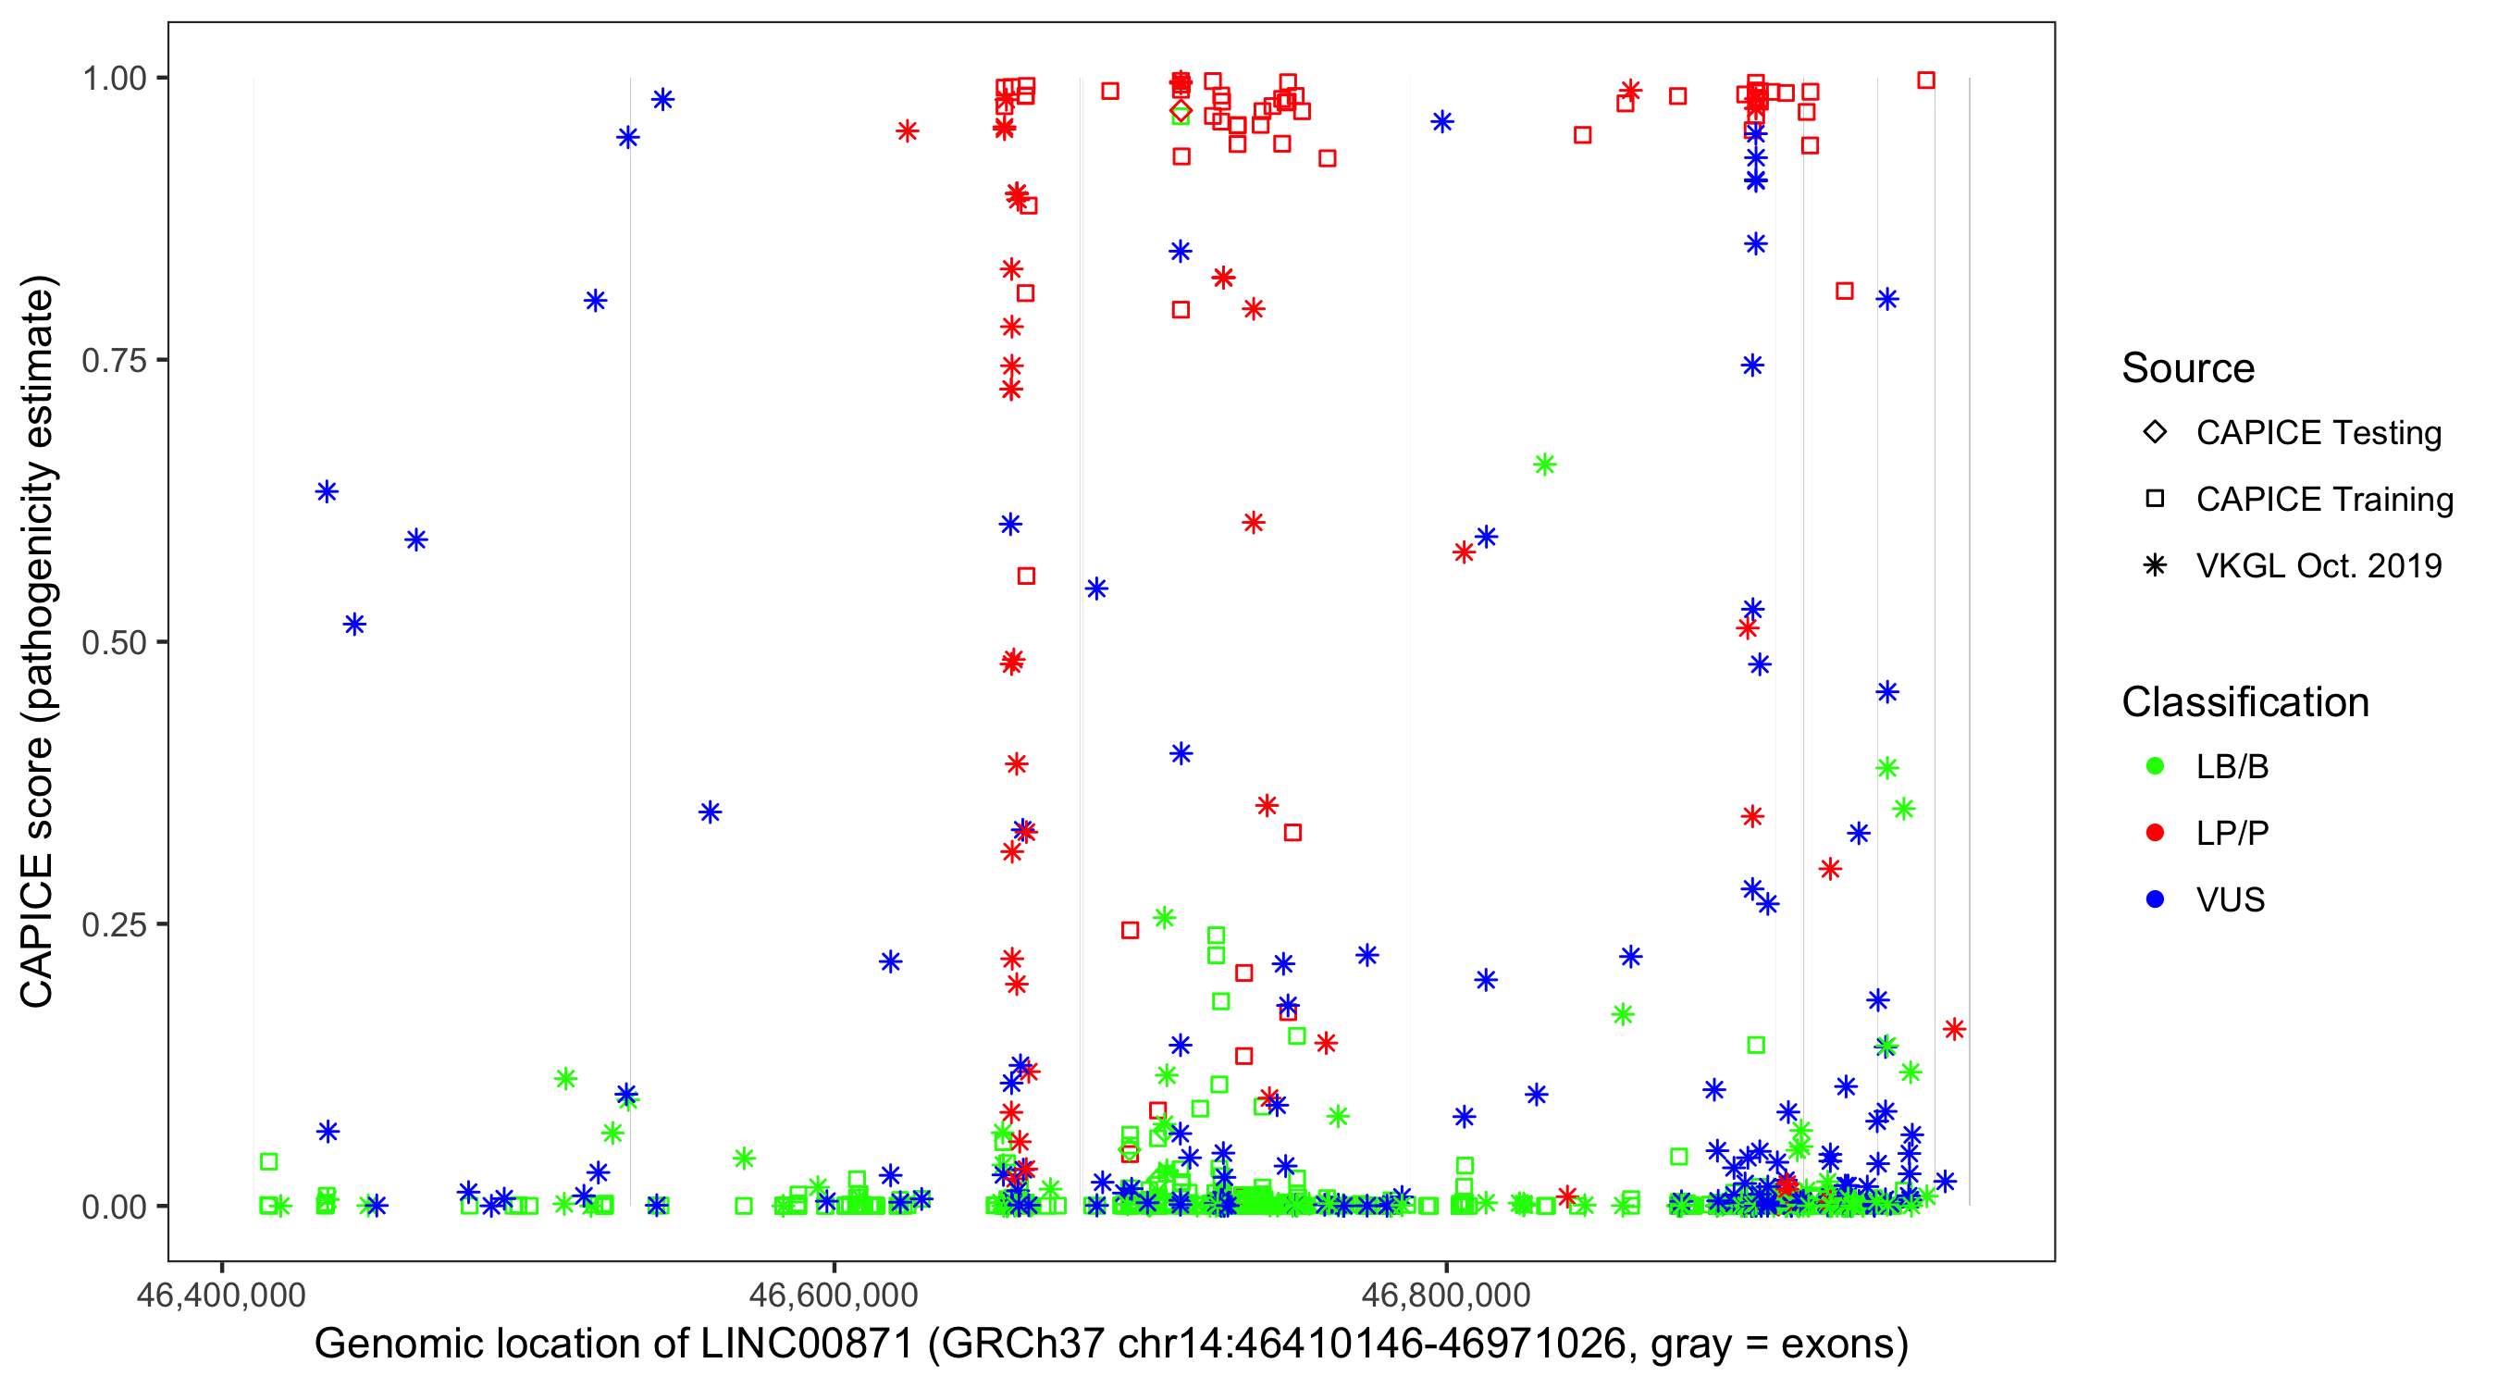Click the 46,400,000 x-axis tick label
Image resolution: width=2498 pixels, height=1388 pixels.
[221, 1295]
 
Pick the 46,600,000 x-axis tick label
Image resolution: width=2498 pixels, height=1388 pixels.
[834, 1295]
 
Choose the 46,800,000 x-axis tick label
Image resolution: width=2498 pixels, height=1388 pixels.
[1446, 1295]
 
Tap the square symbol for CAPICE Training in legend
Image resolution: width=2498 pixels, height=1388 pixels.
[2155, 500]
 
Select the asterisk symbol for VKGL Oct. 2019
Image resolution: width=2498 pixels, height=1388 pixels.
[2155, 565]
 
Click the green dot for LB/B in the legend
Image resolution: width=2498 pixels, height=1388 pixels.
[2155, 766]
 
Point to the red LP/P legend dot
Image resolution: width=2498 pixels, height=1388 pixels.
[2155, 833]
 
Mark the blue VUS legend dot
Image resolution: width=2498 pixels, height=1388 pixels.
[2155, 900]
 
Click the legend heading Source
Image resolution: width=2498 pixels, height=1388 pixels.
[2188, 368]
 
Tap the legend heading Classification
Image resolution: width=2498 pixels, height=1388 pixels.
[2244, 702]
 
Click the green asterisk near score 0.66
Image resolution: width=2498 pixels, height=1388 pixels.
[1545, 465]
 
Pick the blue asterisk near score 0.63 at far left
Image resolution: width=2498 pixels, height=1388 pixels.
[327, 491]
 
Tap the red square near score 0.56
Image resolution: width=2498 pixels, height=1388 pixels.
[1026, 576]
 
